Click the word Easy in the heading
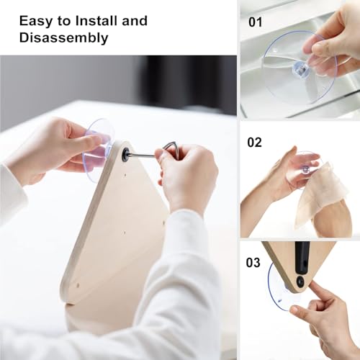[36, 22]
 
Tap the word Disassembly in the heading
[64, 38]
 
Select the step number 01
[256, 22]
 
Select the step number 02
[254, 143]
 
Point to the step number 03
[253, 262]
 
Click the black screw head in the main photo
[126, 152]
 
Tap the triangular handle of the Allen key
[170, 149]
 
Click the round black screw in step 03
[300, 281]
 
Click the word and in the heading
[135, 21]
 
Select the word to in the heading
[63, 22]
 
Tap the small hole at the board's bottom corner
[78, 285]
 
